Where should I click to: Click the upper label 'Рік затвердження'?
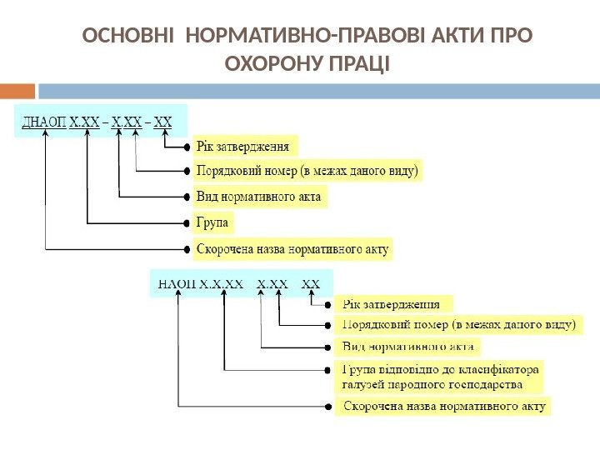click(x=244, y=146)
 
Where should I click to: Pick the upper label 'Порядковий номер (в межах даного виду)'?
click(x=308, y=172)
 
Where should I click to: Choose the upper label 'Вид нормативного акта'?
click(x=258, y=197)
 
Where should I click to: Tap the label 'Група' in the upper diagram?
click(x=213, y=222)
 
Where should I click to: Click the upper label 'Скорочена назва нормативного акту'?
click(x=292, y=248)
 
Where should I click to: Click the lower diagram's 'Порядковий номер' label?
click(x=458, y=323)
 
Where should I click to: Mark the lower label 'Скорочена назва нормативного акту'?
click(x=444, y=407)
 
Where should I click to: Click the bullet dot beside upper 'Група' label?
click(x=186, y=223)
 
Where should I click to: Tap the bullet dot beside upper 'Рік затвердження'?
click(x=186, y=147)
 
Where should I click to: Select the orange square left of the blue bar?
click(x=17, y=90)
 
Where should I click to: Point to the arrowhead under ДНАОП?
click(x=46, y=135)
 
